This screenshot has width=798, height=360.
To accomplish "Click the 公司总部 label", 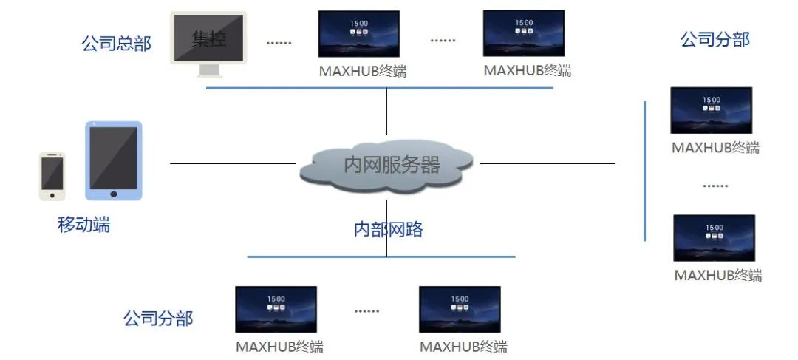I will pos(116,44).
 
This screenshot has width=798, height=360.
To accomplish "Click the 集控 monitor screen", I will pos(209,38).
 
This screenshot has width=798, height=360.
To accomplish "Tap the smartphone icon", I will pos(52,176).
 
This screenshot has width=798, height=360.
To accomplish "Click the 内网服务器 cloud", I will pos(386,165).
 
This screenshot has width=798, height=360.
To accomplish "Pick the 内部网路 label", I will pos(389,229).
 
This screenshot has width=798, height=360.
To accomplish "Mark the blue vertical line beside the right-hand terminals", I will pos(644,170).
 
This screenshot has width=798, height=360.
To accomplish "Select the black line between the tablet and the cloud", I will pos(233,163).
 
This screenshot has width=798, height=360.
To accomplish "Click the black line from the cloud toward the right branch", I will pos(547,163).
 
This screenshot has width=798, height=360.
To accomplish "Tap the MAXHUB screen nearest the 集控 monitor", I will pos(359,34).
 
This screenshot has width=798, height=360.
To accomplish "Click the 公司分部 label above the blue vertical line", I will pos(715,39).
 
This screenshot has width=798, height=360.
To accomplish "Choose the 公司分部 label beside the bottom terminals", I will pos(158,319).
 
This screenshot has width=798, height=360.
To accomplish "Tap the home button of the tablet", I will pos(113,194).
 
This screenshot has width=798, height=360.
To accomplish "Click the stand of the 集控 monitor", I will pos(210,71).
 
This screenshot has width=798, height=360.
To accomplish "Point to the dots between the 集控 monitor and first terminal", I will pos(279,43).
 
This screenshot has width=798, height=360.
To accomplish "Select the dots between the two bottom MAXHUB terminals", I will pos(366,311).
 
